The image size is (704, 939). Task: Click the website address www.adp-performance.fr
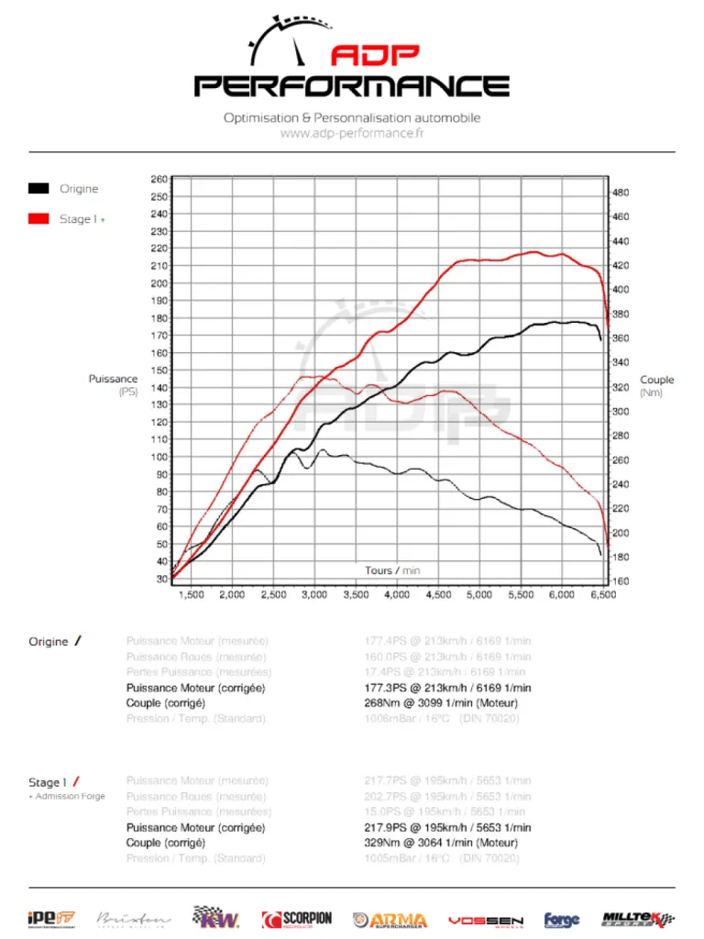[x=352, y=133]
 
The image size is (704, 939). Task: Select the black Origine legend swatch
[x=38, y=189]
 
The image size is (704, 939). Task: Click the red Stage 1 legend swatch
[x=38, y=219]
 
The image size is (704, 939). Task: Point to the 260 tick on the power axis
[x=159, y=180]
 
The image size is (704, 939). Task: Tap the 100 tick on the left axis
[x=159, y=457]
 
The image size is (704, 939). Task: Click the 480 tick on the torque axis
[x=620, y=193]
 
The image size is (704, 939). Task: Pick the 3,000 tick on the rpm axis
[x=314, y=595]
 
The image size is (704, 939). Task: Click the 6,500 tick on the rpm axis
[x=602, y=595]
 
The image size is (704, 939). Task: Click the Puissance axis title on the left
[x=114, y=379]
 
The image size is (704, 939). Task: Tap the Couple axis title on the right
[x=656, y=380]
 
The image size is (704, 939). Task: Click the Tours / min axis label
[x=392, y=570]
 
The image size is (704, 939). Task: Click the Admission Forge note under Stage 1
[x=68, y=796]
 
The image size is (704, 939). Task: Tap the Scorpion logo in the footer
[x=297, y=919]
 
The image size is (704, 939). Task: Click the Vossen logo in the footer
[x=486, y=920]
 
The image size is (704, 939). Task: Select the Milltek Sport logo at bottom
[x=638, y=919]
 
